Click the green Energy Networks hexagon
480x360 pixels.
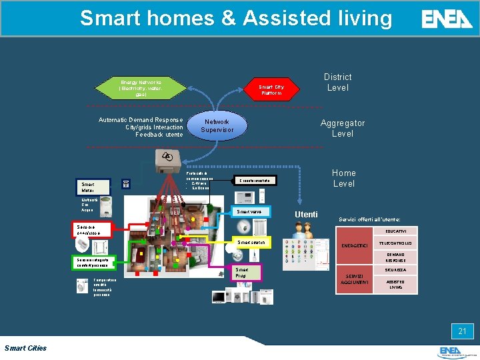point(140,87)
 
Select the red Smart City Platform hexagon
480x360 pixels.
point(271,90)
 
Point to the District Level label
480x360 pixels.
point(337,82)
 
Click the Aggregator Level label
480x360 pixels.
point(343,128)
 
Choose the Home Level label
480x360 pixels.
point(344,178)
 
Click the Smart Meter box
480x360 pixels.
point(93,186)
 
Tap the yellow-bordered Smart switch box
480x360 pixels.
point(251,242)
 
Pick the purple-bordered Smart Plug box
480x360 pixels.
point(241,272)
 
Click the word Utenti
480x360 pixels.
point(306,214)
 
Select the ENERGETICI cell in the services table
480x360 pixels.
point(355,247)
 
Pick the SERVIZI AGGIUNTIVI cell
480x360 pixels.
point(355,280)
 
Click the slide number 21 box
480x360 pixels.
point(461,331)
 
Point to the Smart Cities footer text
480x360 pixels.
point(25,347)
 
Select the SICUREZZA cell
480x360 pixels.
point(395,270)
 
